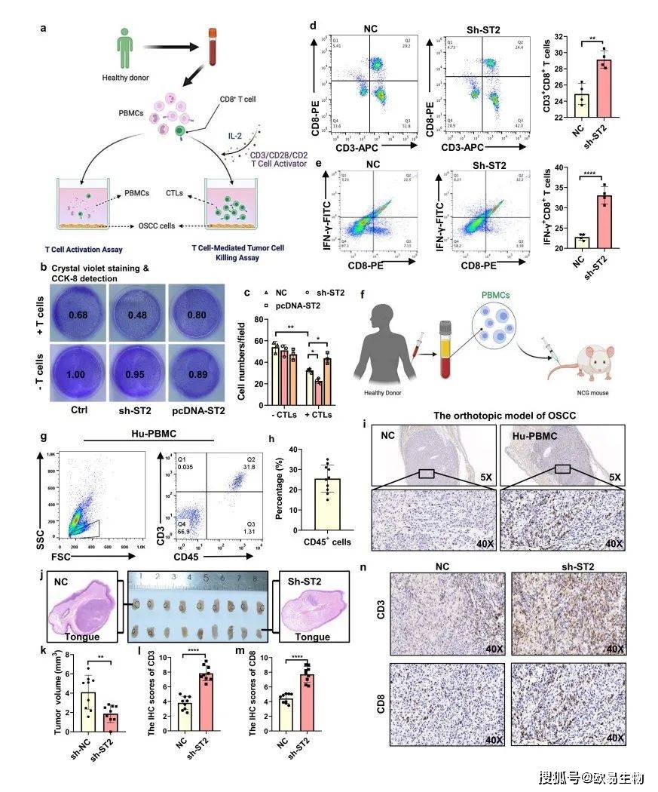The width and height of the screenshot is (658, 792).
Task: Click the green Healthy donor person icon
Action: pyautogui.click(x=126, y=50)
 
